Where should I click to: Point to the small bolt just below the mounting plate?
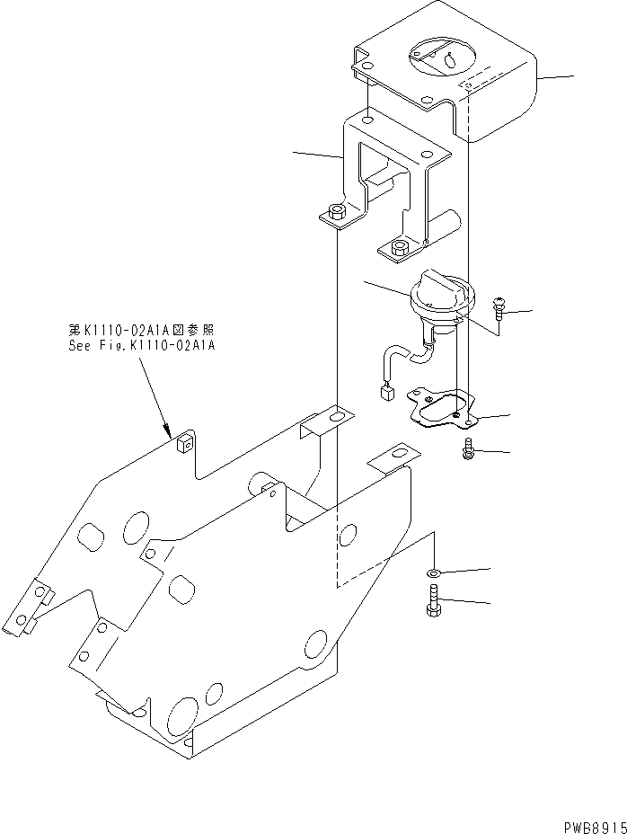click(x=470, y=449)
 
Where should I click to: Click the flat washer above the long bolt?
click(x=434, y=572)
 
